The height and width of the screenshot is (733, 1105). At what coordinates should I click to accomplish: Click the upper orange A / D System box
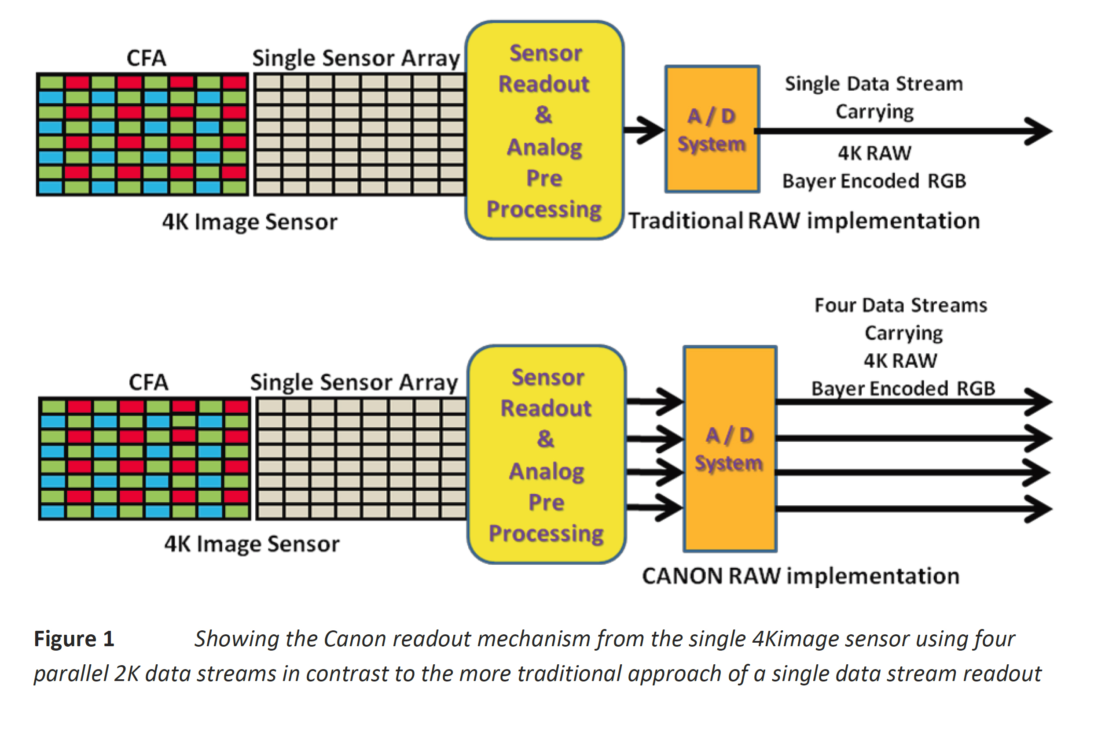pos(712,129)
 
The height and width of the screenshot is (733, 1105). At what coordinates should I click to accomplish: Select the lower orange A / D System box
pos(730,449)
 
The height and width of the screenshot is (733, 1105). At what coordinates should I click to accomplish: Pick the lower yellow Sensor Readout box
pos(546,455)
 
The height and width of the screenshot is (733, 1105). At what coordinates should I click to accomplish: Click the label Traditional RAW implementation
pos(804,221)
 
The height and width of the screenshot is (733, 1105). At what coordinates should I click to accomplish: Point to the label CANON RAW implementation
pos(800,576)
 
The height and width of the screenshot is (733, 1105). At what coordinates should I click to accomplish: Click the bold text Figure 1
pos(74,639)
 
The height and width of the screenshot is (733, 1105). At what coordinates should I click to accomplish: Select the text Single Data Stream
pos(874,84)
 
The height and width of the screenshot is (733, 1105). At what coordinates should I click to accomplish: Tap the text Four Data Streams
pos(900,305)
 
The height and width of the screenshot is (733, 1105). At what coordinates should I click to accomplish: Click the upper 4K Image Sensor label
pos(250,222)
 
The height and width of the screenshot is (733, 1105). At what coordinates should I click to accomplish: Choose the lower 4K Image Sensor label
pos(252,544)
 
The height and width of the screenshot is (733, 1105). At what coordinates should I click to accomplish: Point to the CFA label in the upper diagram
pos(146,59)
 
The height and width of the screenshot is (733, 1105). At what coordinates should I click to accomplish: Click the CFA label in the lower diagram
pos(148,382)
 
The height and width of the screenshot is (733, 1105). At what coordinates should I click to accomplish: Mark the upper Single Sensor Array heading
pos(356,59)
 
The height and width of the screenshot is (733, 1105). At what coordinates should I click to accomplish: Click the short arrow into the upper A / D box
pos(643,130)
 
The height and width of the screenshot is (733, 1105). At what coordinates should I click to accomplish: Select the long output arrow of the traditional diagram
pos(901,131)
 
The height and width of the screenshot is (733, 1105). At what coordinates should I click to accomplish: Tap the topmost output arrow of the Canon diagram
pos(911,402)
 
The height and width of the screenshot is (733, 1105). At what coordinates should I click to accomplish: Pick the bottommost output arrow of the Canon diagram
pos(911,509)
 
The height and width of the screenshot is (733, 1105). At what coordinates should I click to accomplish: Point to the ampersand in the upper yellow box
pos(543,115)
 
